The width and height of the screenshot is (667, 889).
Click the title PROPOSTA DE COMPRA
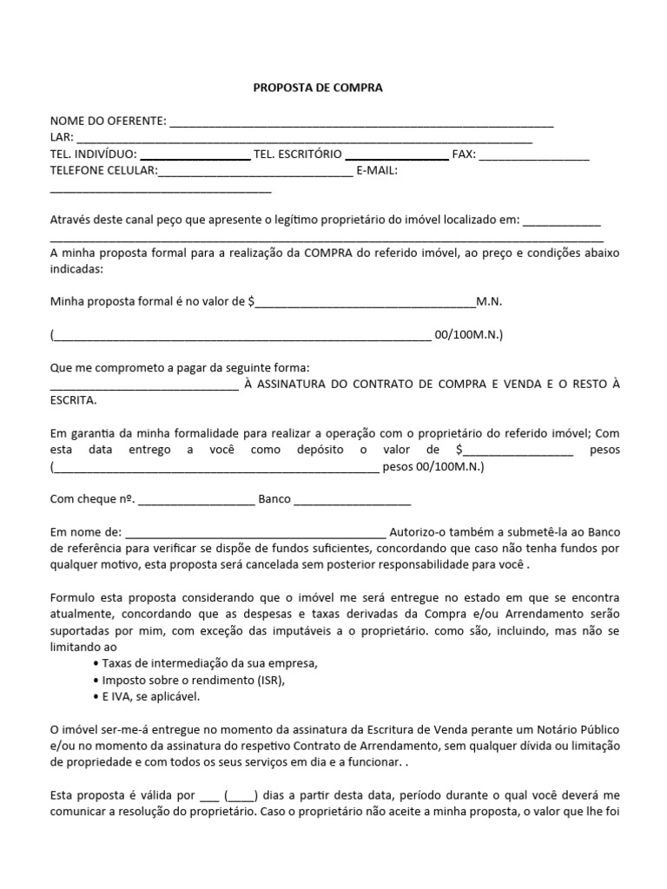click(x=317, y=88)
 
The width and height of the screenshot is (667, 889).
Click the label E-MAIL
click(x=376, y=171)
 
